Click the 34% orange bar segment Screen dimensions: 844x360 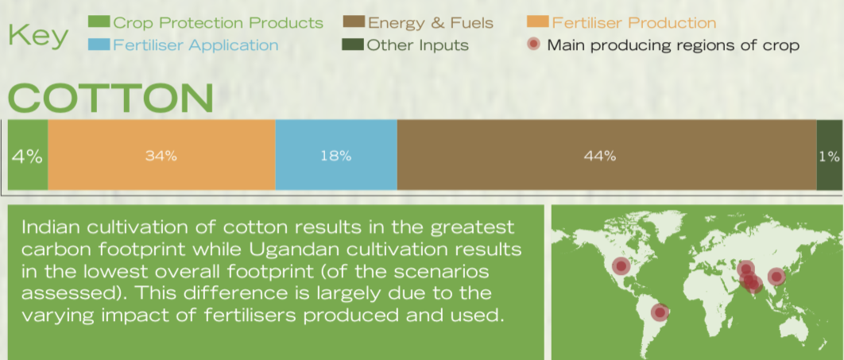coord(161,155)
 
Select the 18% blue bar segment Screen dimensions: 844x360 coord(336,155)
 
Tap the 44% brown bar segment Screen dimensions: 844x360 coord(606,155)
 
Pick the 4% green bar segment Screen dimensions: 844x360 coord(28,155)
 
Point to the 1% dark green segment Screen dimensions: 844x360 coord(830,155)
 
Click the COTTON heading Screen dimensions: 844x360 coord(111,99)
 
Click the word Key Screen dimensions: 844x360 coord(38,36)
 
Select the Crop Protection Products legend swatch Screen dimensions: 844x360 coord(99,22)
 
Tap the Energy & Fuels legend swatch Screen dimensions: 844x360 coord(354,22)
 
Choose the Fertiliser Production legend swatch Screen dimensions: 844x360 coord(538,22)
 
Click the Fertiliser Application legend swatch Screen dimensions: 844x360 coord(99,45)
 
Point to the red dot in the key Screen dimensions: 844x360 coord(533,45)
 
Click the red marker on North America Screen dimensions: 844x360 coord(621,266)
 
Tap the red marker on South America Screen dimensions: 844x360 coord(660,312)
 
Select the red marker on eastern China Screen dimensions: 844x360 coord(776,277)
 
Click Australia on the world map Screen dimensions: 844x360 coord(793,328)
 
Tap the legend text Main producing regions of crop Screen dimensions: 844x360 coord(673,45)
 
